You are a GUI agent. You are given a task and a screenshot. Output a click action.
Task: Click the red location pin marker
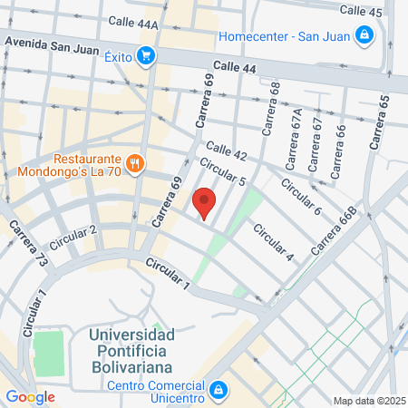(206, 203)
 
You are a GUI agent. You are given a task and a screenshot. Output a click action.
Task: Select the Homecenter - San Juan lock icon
(364, 36)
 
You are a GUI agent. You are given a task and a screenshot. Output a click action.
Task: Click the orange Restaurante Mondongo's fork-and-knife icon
(135, 163)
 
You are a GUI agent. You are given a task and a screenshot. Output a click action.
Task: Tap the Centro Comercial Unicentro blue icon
(219, 390)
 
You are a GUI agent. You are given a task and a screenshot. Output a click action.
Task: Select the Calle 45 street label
(360, 11)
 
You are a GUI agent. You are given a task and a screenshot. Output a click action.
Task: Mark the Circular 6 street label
(301, 197)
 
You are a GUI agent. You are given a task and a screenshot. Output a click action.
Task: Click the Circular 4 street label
(273, 242)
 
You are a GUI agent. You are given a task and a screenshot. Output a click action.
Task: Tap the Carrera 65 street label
(378, 122)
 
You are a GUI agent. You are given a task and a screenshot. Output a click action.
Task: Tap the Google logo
(30, 396)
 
